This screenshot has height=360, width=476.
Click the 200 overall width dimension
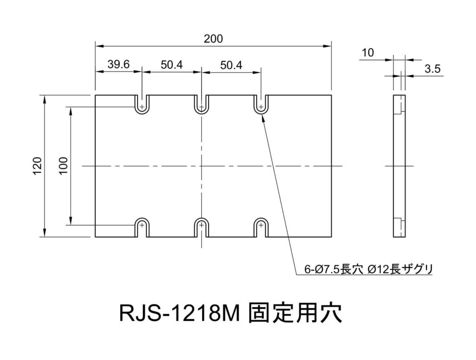tap(213, 39)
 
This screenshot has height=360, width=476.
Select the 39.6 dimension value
tap(118, 65)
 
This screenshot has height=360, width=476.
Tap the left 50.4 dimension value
tap(172, 65)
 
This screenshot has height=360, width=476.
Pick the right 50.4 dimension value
tap(231, 65)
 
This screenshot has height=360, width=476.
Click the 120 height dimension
tap(38, 166)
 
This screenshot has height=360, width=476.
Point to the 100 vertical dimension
tap(64, 166)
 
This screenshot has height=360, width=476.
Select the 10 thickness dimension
tap(368, 53)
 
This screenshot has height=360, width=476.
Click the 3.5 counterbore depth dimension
tap(432, 69)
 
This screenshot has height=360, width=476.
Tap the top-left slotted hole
tap(142, 106)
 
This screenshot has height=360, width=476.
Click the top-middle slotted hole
tap(201, 106)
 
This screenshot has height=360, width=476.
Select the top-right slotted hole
tap(261, 106)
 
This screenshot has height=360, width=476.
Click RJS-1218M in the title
tap(178, 313)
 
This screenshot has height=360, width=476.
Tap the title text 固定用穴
tap(295, 313)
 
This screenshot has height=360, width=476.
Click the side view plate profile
tap(399, 166)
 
